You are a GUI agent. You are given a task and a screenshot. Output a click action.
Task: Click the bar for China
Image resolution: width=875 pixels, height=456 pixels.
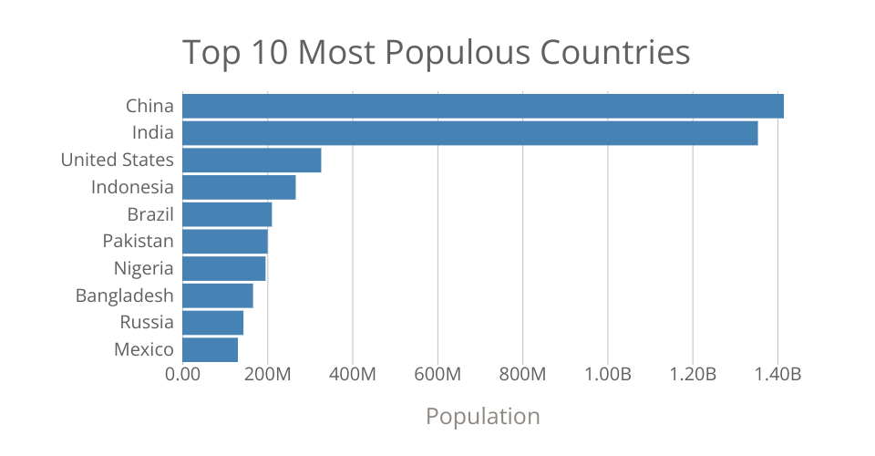click(x=483, y=106)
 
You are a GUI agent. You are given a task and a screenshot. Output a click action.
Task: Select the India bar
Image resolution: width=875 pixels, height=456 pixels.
click(x=469, y=133)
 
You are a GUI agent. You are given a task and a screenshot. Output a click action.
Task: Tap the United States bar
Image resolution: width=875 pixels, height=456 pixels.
click(x=252, y=161)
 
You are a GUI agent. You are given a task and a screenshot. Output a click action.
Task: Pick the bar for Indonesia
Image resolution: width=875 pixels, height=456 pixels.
click(x=239, y=188)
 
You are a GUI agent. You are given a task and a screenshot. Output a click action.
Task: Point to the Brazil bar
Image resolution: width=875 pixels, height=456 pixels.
click(x=227, y=214)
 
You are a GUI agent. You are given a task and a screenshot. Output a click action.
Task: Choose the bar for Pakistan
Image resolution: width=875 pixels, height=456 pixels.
click(x=225, y=242)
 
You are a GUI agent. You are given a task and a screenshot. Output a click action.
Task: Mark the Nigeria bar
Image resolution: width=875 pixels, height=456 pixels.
click(x=224, y=268)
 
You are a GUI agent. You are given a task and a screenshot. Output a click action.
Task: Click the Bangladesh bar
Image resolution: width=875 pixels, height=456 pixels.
click(x=218, y=295)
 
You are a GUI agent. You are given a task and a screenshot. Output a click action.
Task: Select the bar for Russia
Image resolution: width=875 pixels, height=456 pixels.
click(x=213, y=323)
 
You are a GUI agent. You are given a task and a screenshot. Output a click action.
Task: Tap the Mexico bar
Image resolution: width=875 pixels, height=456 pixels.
click(x=211, y=349)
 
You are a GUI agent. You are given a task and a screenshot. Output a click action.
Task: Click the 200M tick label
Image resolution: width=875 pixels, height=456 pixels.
click(x=267, y=375)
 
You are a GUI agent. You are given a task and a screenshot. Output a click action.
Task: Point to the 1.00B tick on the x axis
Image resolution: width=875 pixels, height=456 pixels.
click(x=607, y=375)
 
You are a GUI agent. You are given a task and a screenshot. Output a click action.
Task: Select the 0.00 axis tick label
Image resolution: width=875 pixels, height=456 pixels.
click(x=182, y=375)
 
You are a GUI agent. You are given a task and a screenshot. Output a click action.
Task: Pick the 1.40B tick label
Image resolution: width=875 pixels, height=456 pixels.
click(x=777, y=375)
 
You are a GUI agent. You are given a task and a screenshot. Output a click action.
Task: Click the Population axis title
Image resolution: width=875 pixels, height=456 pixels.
click(x=483, y=417)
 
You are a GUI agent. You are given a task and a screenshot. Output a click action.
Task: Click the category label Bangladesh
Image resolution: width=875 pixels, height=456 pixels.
click(x=125, y=295)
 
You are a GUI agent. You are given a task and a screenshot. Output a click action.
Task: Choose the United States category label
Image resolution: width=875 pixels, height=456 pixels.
click(x=117, y=161)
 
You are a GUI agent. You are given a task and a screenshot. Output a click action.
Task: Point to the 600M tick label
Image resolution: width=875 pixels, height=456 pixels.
click(x=437, y=375)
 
